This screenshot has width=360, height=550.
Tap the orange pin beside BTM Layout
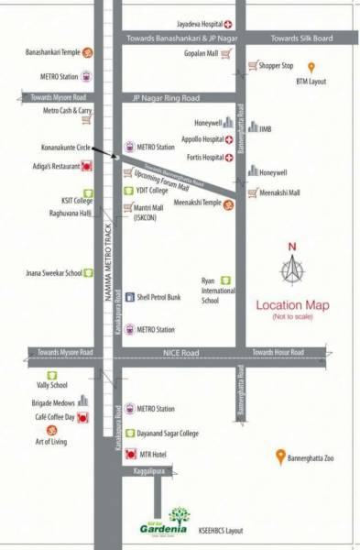click(311, 67)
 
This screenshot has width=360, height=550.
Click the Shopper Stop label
click(276, 66)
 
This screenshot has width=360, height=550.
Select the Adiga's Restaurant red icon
click(87, 166)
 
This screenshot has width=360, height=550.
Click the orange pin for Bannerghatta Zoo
click(280, 456)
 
